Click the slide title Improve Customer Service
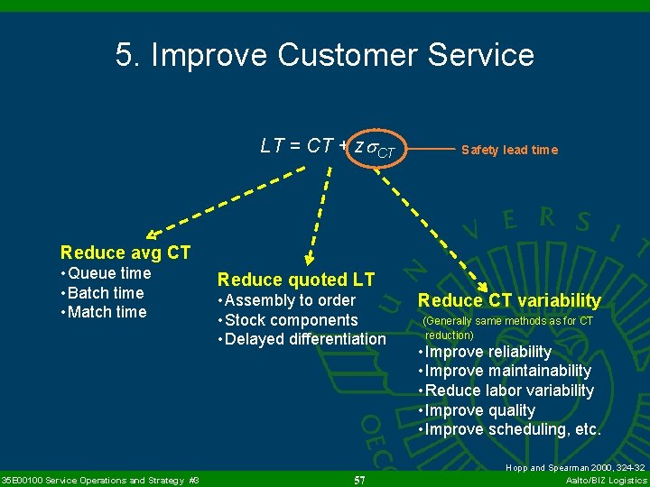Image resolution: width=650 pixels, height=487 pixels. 325,55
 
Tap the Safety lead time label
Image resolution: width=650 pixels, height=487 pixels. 509,150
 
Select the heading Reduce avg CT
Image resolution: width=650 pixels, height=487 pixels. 125,253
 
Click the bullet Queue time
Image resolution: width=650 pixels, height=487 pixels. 106,273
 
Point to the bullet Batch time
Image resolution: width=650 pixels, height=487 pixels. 102,293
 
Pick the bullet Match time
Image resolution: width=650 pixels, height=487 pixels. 103,312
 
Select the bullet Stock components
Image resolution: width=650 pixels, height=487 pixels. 288,320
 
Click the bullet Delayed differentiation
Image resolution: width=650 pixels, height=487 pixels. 302,340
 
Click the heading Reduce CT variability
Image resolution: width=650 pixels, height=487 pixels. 509,300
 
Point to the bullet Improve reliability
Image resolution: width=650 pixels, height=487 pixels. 485,352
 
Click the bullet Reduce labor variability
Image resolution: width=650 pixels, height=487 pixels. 506,391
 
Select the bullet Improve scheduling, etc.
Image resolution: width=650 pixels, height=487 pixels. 509,429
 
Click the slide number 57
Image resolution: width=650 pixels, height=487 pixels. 359,479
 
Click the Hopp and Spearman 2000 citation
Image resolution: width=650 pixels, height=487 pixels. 575,468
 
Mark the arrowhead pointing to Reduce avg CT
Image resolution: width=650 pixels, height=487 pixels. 153,234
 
